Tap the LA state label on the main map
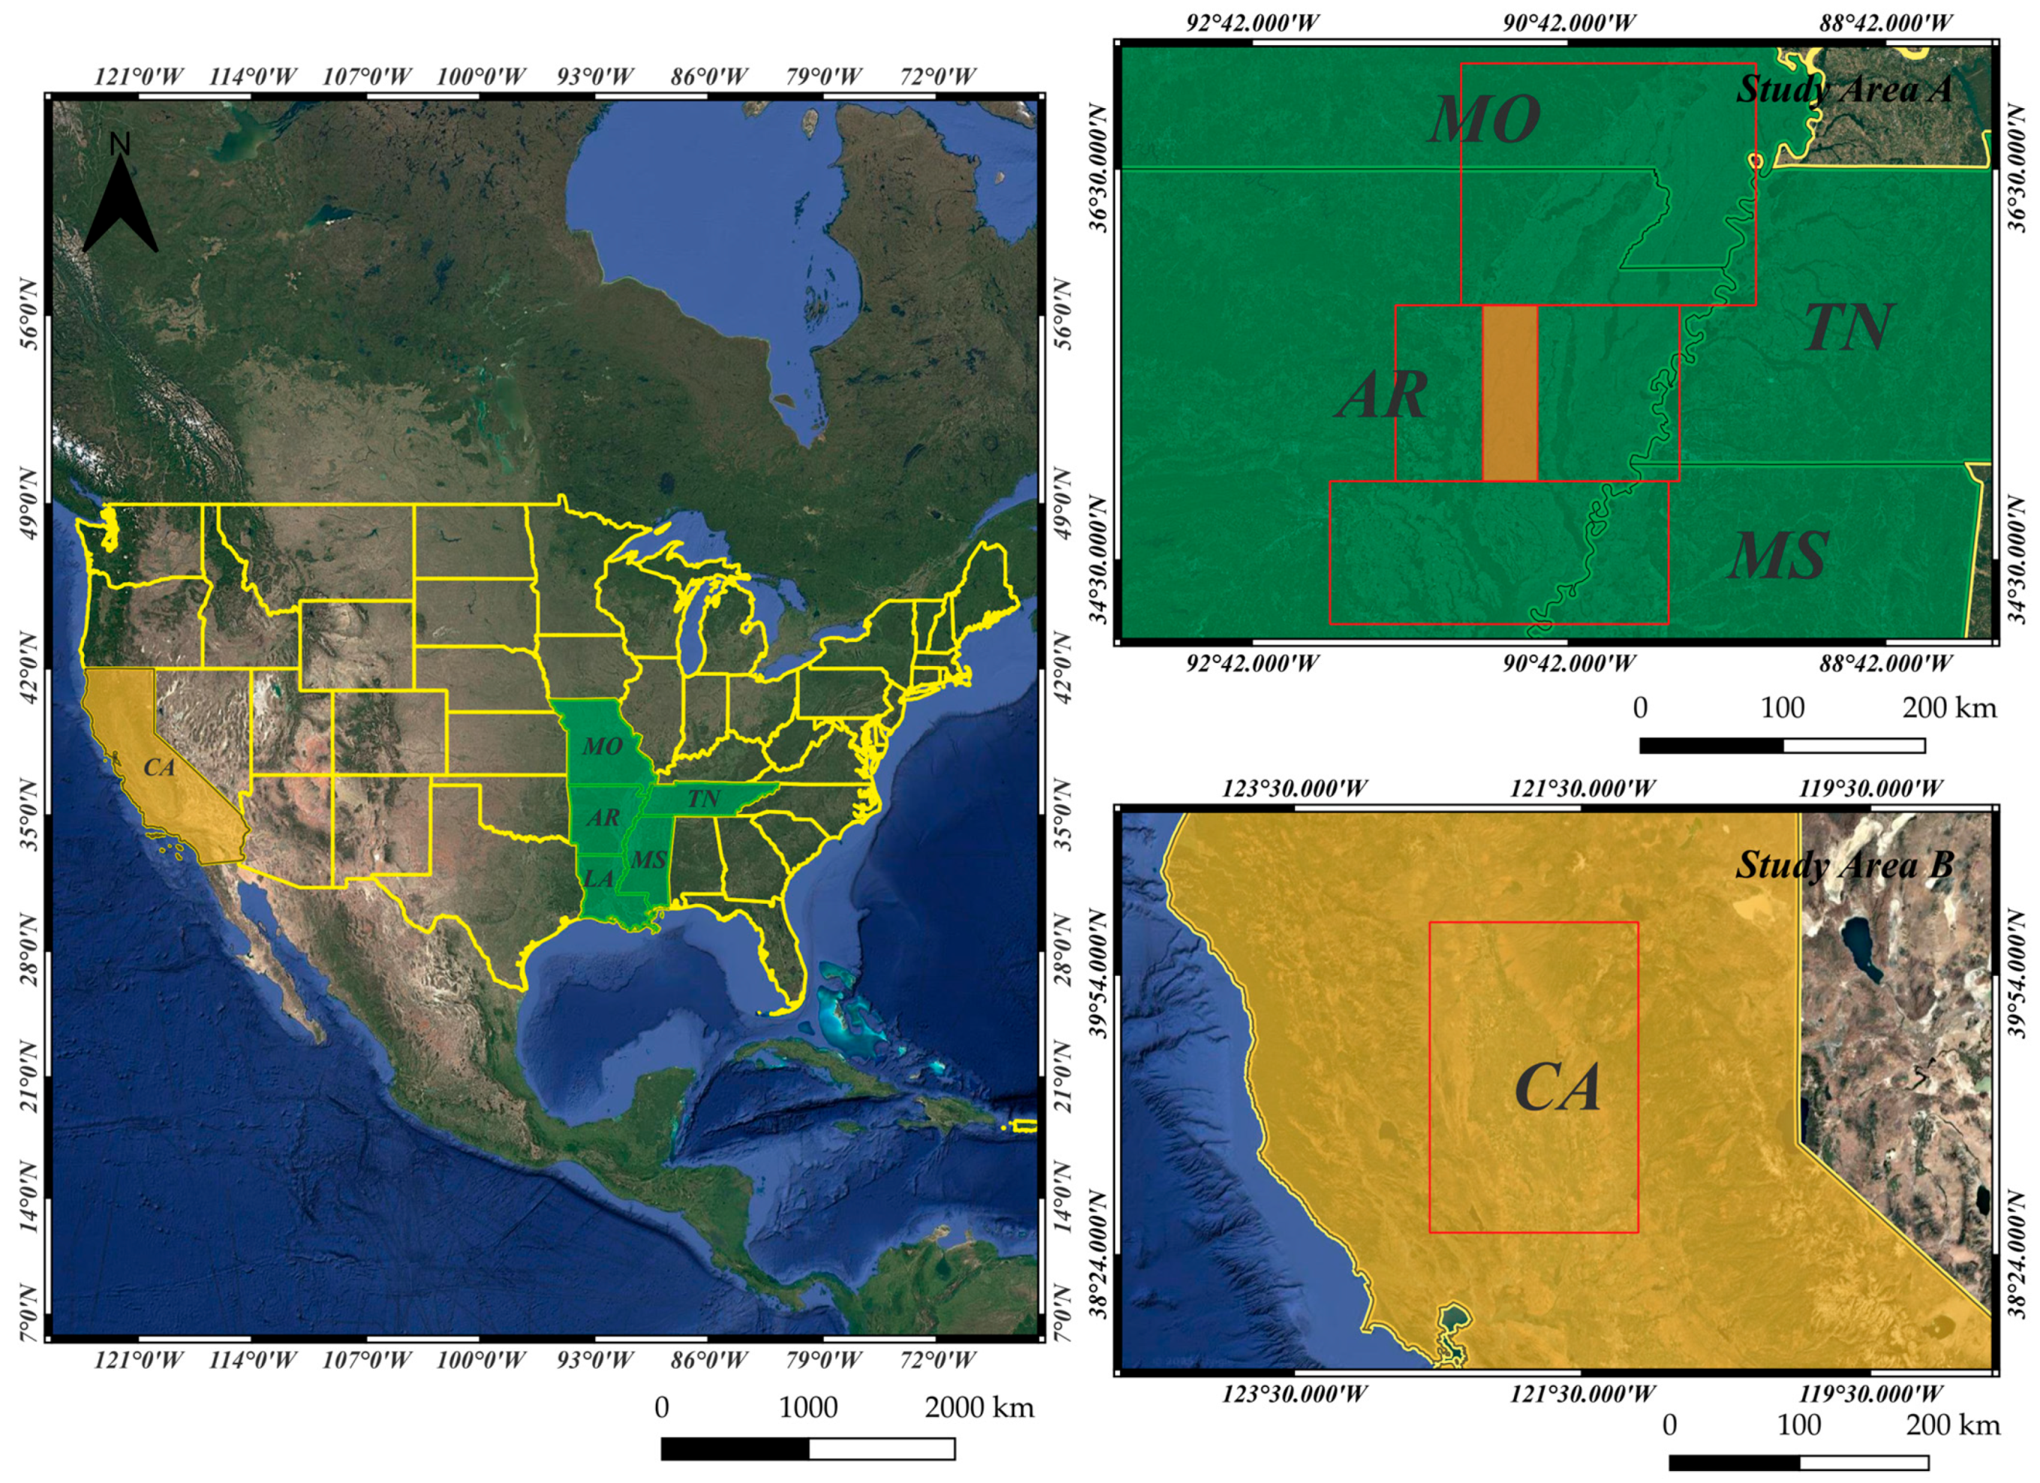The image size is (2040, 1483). tap(599, 879)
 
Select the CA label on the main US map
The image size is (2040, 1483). tap(159, 767)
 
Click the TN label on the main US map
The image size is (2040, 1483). tap(703, 798)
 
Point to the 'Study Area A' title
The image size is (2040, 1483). tap(1844, 89)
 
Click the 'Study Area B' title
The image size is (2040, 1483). tap(1844, 865)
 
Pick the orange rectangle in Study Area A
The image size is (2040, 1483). tap(1509, 393)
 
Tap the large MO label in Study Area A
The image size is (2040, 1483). tap(1485, 119)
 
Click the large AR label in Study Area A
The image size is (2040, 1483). tap(1383, 395)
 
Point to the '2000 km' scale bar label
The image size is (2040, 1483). tap(979, 1407)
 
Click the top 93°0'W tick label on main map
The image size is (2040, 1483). tap(594, 77)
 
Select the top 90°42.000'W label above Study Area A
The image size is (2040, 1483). tap(1569, 23)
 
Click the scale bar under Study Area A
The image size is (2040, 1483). tap(1782, 745)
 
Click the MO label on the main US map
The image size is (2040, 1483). tap(602, 746)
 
